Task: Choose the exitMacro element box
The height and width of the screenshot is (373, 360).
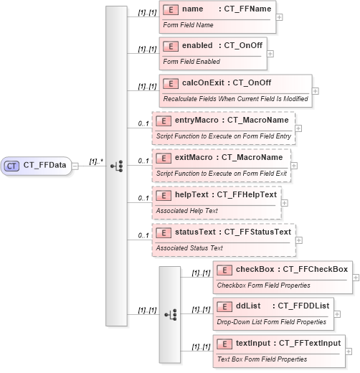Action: point(222,164)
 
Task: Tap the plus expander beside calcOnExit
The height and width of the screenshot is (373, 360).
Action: point(316,91)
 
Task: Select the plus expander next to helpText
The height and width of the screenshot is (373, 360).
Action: point(284,203)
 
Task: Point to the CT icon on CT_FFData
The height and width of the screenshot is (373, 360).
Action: point(11,166)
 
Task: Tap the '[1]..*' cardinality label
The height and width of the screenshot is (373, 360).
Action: point(95,161)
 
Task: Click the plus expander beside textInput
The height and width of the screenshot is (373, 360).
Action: point(349,352)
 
